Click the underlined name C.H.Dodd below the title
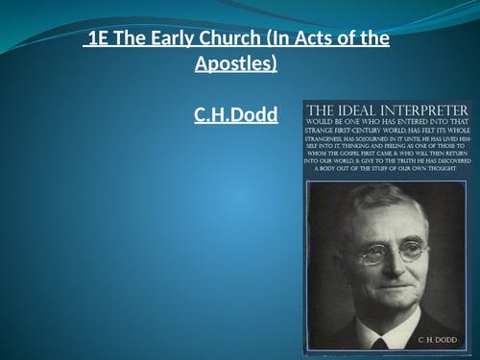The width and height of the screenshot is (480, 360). tap(236, 115)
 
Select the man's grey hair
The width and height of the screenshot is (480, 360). tap(384, 190)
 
